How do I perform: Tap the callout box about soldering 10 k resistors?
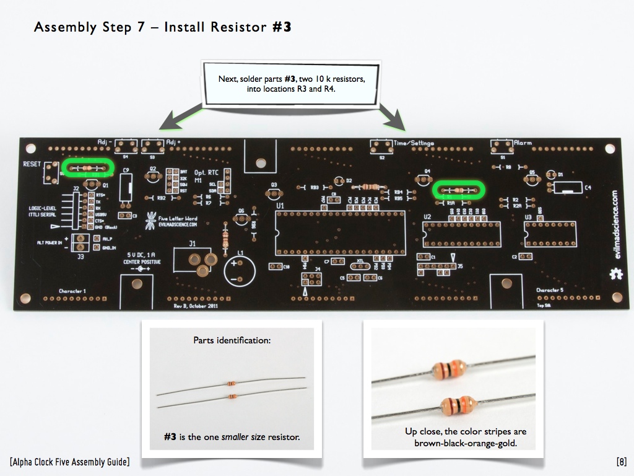point(292,84)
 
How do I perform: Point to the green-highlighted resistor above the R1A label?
point(458,190)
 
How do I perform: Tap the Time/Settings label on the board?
point(414,143)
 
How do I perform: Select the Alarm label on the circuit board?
point(523,143)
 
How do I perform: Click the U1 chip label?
point(280,205)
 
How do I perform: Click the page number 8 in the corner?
point(622,461)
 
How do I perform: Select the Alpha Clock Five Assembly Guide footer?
point(70,461)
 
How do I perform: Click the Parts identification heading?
point(232,340)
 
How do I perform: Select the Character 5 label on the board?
point(550,290)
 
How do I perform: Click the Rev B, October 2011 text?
point(196,306)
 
